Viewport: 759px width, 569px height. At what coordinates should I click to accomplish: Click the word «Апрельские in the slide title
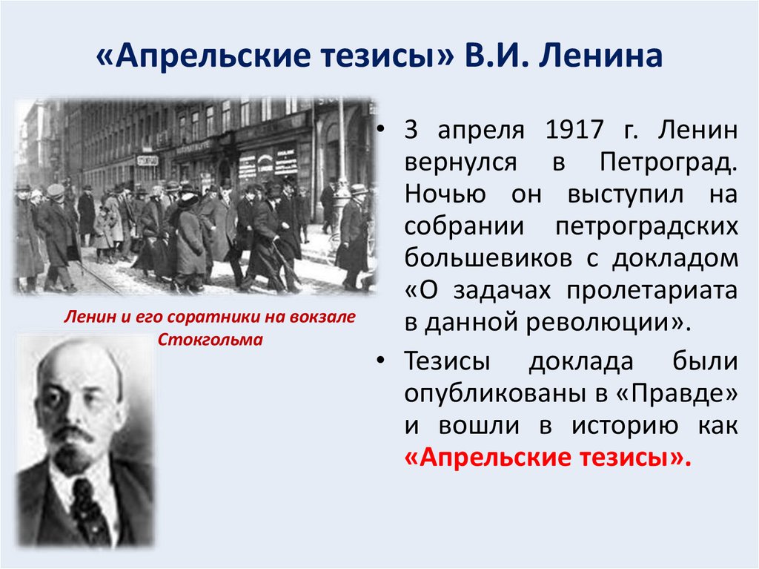(x=188, y=57)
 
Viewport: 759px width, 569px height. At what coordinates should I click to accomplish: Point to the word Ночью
(x=444, y=194)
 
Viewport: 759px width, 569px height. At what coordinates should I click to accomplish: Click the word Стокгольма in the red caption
(x=211, y=340)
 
